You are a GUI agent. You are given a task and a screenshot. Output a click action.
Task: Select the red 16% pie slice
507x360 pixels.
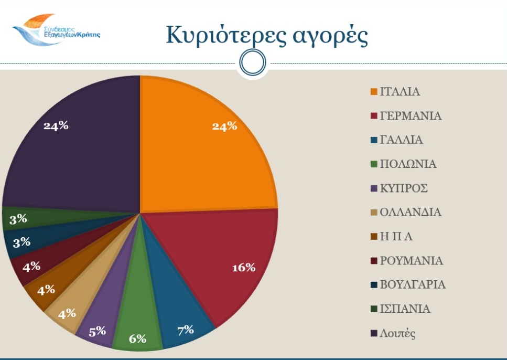pyautogui.click(x=220, y=257)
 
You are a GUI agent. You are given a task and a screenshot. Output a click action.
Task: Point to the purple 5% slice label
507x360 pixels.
pyautogui.click(x=98, y=331)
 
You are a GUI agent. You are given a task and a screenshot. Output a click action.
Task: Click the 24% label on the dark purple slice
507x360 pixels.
pyautogui.click(x=56, y=125)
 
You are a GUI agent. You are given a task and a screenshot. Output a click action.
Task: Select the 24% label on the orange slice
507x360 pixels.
pyautogui.click(x=224, y=126)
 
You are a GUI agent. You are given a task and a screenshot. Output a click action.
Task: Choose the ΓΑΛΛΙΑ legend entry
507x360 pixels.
pyautogui.click(x=401, y=140)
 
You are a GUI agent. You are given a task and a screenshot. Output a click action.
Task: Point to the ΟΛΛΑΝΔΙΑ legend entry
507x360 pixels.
pyautogui.click(x=410, y=213)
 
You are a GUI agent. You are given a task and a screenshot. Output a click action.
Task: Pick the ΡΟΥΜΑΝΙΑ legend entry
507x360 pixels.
pyautogui.click(x=411, y=261)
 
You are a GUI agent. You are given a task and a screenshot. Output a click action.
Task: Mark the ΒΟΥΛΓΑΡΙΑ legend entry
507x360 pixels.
pyautogui.click(x=412, y=285)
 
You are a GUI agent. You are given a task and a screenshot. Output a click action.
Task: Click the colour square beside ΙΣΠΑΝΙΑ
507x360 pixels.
pyautogui.click(x=374, y=310)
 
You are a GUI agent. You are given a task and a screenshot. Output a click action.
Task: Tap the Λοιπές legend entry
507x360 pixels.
pyautogui.click(x=397, y=333)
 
